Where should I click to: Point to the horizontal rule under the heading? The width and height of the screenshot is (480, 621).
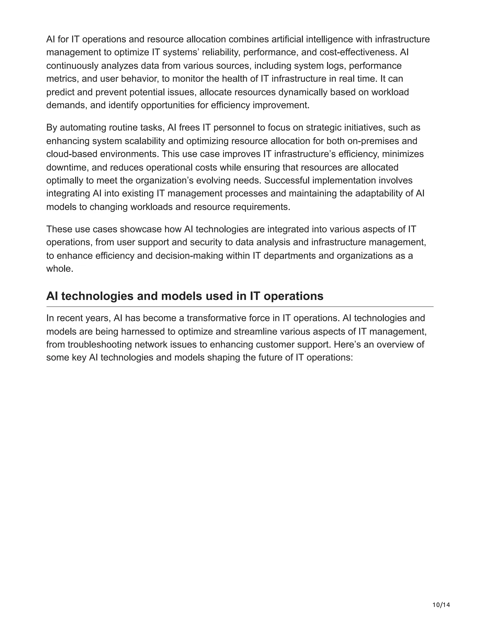pyautogui.click(x=240, y=307)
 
